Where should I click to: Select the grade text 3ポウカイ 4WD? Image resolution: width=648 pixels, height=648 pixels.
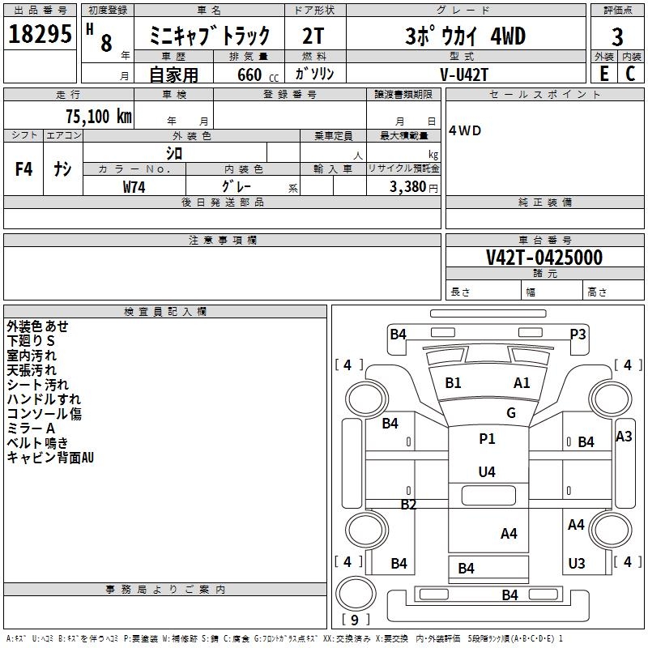pyautogui.click(x=465, y=36)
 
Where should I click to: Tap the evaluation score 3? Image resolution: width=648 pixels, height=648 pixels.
pyautogui.click(x=617, y=36)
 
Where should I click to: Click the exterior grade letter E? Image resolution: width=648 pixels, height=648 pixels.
pyautogui.click(x=603, y=73)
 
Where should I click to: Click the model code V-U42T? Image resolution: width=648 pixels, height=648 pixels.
pyautogui.click(x=464, y=74)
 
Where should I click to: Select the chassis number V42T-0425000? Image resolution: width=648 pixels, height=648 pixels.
pyautogui.click(x=544, y=258)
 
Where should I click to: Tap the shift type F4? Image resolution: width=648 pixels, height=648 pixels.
pyautogui.click(x=24, y=169)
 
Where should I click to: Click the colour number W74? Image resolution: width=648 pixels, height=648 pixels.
pyautogui.click(x=134, y=186)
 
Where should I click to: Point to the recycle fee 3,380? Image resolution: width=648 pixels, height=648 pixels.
pyautogui.click(x=408, y=187)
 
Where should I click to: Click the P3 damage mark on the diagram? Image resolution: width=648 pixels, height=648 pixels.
pyautogui.click(x=578, y=334)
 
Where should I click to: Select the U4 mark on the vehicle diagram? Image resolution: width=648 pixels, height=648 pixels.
pyautogui.click(x=487, y=471)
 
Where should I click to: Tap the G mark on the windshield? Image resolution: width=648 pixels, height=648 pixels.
pyautogui.click(x=511, y=413)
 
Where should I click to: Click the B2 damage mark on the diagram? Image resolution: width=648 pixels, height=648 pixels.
pyautogui.click(x=409, y=505)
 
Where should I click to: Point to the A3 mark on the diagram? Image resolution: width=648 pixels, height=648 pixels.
pyautogui.click(x=624, y=437)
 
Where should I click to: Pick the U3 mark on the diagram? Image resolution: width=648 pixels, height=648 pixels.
pyautogui.click(x=577, y=564)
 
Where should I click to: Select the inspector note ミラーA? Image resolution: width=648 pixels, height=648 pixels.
pyautogui.click(x=31, y=428)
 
